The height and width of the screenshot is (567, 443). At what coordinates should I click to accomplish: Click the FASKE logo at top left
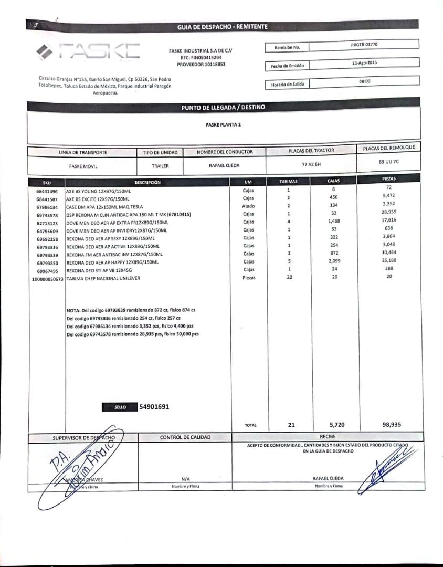(x=88, y=51)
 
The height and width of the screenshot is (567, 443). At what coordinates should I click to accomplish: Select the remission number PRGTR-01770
(x=364, y=45)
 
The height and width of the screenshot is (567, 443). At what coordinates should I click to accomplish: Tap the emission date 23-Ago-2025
(x=364, y=62)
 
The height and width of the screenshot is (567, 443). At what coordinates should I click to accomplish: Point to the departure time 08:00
(x=364, y=81)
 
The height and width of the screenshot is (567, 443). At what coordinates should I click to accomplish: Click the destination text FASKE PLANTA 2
(x=224, y=125)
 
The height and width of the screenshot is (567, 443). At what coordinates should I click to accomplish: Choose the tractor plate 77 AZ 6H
(x=311, y=164)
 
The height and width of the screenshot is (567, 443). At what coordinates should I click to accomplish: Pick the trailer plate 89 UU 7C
(x=389, y=162)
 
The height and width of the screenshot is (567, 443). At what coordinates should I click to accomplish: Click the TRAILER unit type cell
(x=160, y=165)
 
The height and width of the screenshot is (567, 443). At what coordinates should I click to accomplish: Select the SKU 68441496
(x=47, y=192)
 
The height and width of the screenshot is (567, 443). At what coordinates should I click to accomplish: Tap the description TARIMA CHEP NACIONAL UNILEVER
(x=103, y=278)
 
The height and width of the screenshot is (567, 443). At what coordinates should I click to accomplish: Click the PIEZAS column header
(x=389, y=179)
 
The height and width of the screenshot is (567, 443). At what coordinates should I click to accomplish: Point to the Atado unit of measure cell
(x=248, y=206)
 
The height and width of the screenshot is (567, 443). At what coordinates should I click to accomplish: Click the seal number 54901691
(x=154, y=406)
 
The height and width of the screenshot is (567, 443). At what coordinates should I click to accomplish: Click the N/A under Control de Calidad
(x=185, y=479)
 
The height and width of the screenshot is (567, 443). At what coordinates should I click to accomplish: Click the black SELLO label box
(x=120, y=407)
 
